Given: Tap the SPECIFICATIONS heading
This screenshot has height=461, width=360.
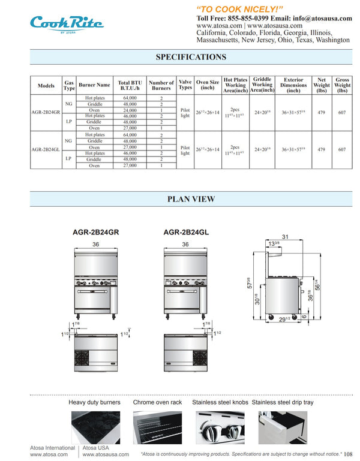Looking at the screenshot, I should coord(191,57).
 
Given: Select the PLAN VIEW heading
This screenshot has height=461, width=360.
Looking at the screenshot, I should coord(191,199).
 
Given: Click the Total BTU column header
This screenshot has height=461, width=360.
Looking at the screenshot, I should coord(130,85).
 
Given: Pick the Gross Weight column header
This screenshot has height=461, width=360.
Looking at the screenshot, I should coord(342,85).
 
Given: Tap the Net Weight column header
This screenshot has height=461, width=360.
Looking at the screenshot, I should coord(322,85).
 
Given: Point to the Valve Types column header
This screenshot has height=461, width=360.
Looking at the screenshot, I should coord(185,85).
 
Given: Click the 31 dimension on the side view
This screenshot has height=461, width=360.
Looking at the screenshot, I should coord(286,237).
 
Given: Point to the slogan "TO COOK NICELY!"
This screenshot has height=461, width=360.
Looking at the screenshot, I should coord(239,8).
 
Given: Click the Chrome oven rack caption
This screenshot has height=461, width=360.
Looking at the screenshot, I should coord(157,402).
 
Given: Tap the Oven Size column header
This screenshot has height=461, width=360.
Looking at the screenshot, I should coord(208,85).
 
